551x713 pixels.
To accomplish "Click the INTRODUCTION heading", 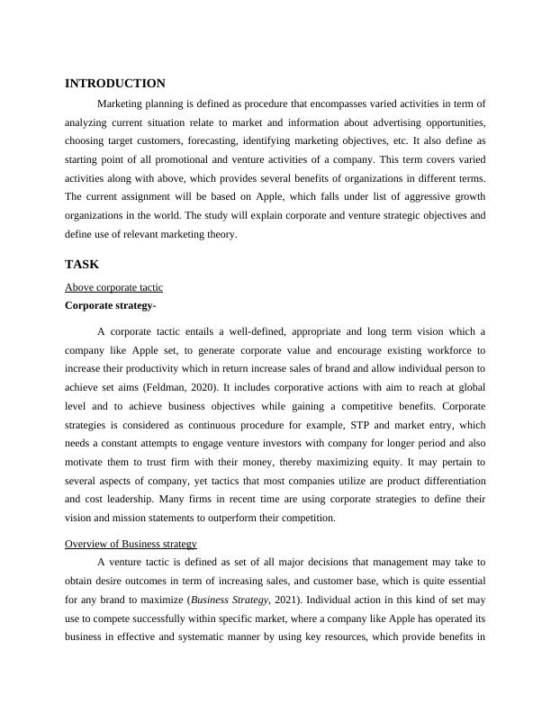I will [115, 83].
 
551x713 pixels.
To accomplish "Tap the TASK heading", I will [82, 265].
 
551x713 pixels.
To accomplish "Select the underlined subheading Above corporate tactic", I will [113, 287].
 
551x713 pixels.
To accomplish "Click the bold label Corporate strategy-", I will [112, 305].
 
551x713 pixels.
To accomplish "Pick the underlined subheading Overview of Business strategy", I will [131, 544].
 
